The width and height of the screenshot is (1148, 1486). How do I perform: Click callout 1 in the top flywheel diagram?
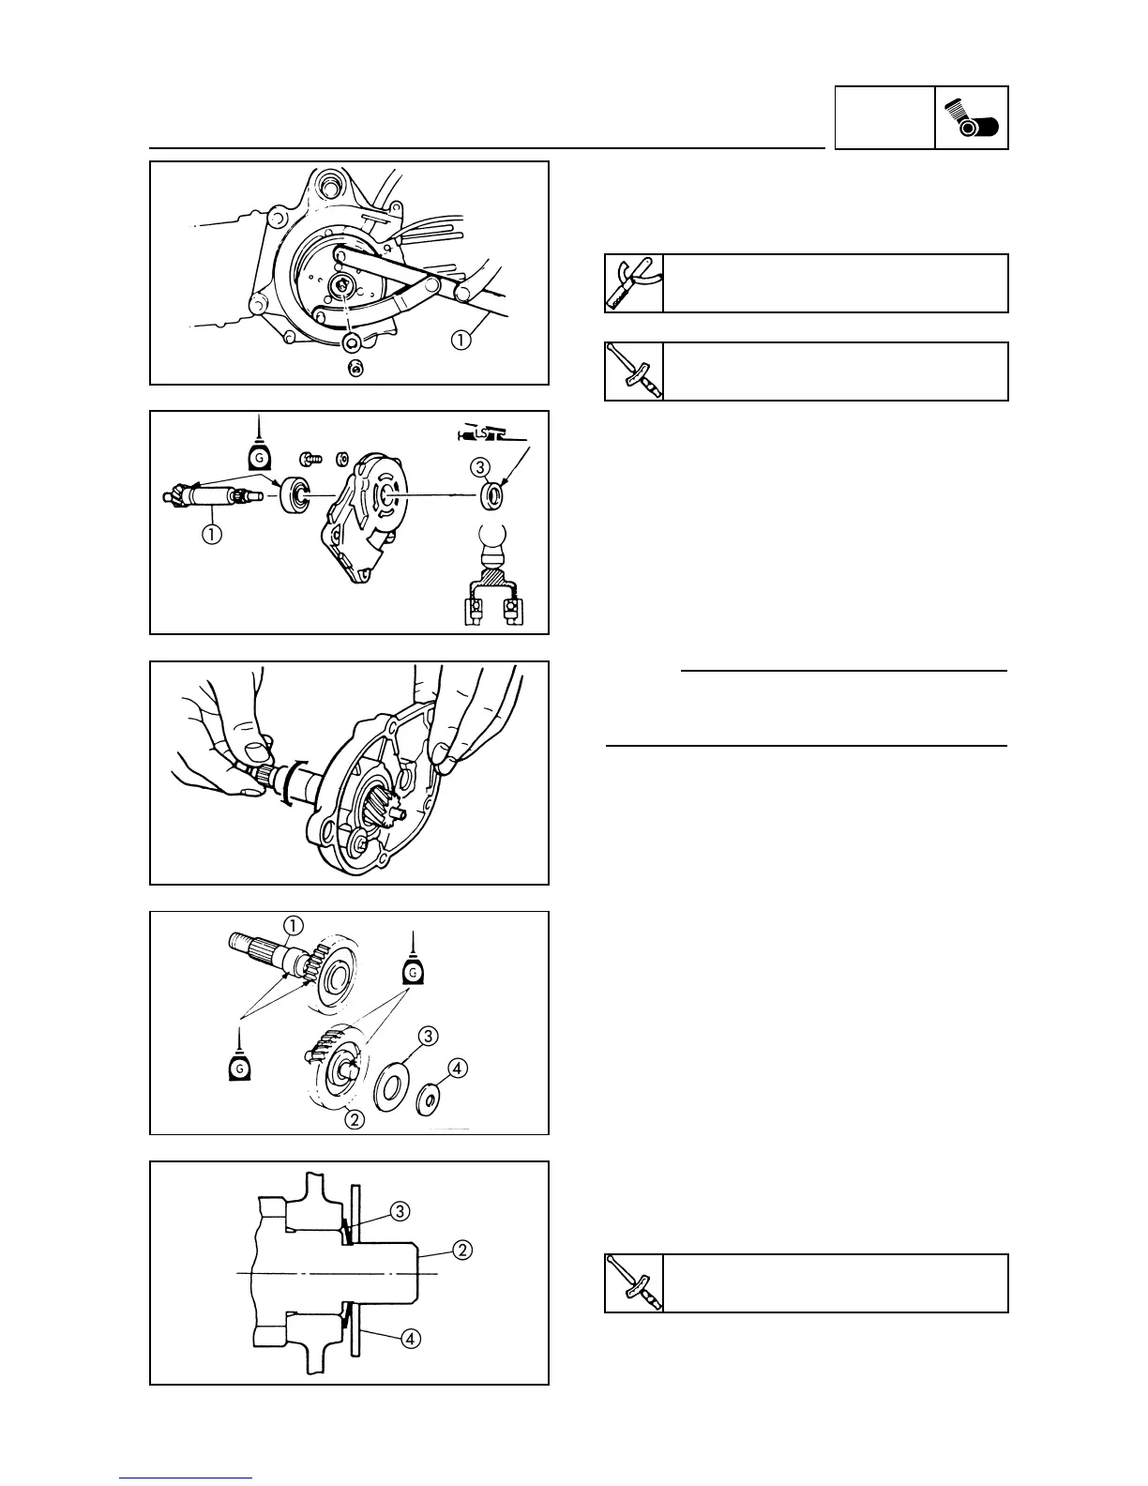[461, 341]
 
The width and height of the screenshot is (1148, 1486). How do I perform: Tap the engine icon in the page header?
[972, 118]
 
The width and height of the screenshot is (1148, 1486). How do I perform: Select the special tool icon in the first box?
[634, 282]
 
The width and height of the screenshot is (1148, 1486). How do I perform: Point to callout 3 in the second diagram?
[480, 465]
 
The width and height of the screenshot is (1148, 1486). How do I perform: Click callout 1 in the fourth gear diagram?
[293, 926]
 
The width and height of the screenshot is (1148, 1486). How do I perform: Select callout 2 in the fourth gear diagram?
[354, 1117]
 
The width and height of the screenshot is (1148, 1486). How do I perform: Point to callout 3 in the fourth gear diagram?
[428, 1037]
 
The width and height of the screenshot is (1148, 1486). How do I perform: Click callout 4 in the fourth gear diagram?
[458, 1068]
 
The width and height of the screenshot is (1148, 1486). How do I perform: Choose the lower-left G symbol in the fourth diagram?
[240, 1068]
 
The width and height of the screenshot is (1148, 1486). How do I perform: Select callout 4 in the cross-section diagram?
[410, 1339]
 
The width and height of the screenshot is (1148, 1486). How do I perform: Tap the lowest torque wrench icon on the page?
[634, 1282]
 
